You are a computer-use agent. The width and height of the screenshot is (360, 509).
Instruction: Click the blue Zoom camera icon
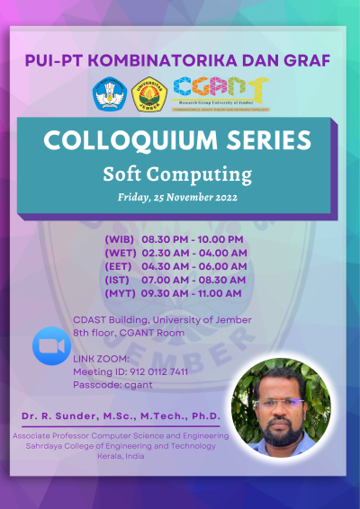coord(51,345)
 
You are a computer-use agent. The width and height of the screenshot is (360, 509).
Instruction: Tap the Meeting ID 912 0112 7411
coord(130,371)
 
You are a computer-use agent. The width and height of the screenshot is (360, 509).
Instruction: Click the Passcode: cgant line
coord(106,384)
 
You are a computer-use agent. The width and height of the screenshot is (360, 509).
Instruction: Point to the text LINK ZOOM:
coord(101,359)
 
